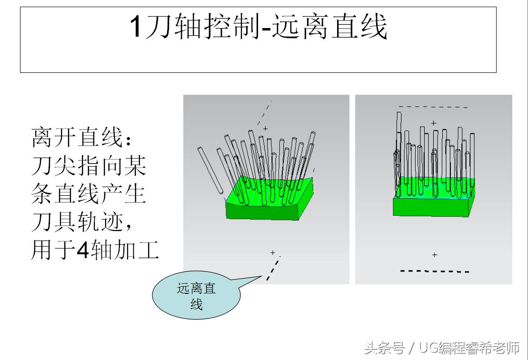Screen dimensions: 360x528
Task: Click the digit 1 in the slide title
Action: click(x=136, y=28)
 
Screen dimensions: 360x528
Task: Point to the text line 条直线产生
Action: click(x=89, y=194)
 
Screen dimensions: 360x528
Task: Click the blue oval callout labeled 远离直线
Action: click(x=196, y=296)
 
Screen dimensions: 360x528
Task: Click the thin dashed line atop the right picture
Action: click(x=433, y=107)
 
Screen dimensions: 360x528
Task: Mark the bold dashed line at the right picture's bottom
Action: click(x=434, y=271)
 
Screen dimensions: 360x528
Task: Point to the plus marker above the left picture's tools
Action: click(x=265, y=128)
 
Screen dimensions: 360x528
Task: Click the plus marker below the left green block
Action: click(x=272, y=252)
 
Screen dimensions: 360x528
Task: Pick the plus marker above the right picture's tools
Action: click(x=433, y=123)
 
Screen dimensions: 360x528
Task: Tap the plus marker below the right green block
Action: click(x=434, y=255)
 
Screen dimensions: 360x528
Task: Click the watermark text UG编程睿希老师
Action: click(x=469, y=348)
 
